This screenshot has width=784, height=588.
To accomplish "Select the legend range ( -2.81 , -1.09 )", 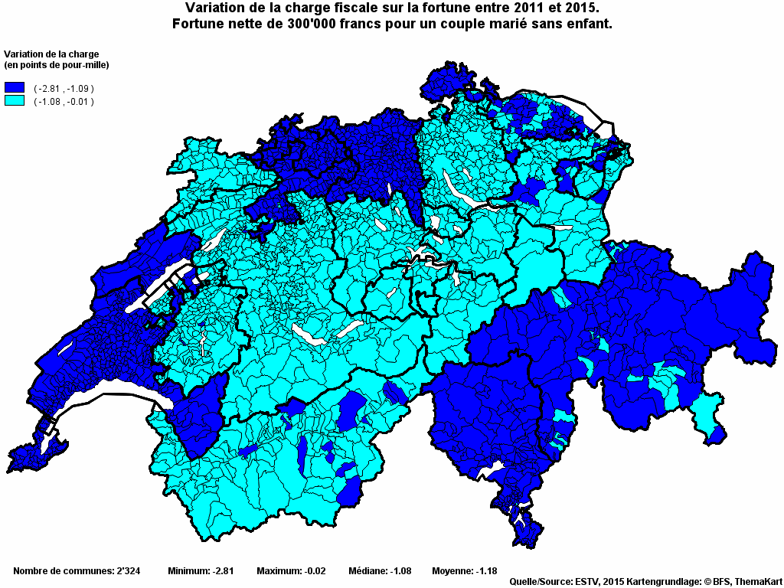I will point(64,90).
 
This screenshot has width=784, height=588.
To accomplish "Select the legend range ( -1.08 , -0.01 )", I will point(64,102).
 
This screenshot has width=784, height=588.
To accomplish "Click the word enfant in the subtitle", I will point(586,24).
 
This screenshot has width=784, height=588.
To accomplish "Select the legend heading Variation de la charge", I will point(51,54).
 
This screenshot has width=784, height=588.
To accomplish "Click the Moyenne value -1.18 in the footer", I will point(485,571).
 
